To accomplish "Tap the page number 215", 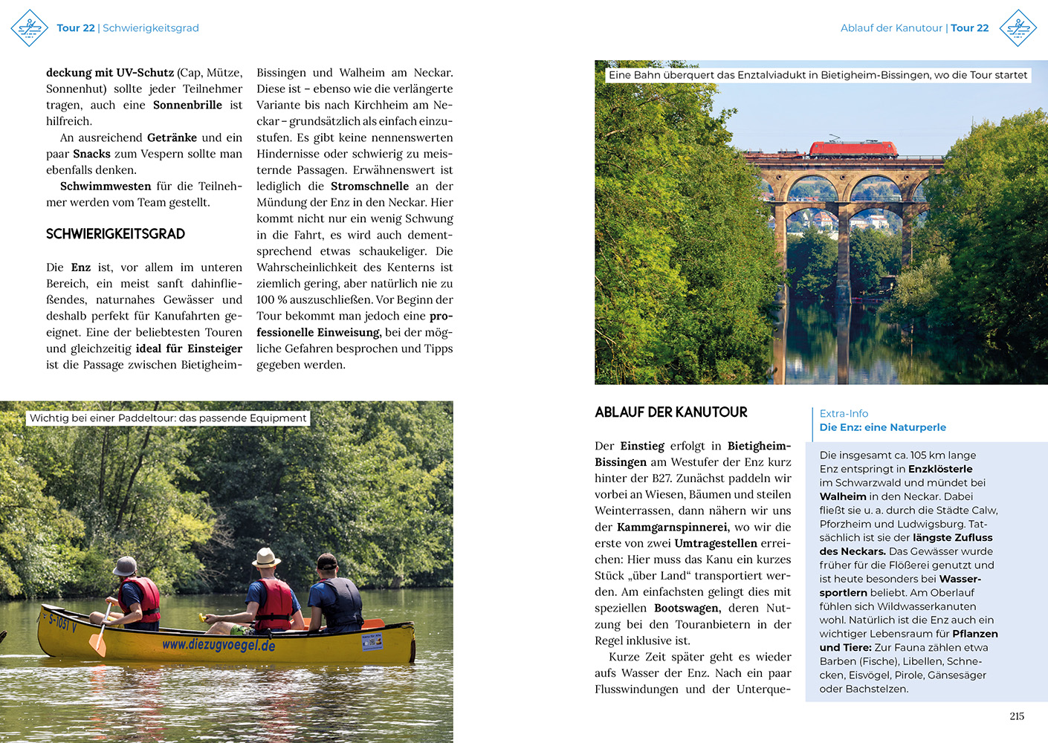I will pyautogui.click(x=1017, y=716).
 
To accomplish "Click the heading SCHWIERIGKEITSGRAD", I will pyautogui.click(x=115, y=234).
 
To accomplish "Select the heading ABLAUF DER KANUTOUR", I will pyautogui.click(x=670, y=412).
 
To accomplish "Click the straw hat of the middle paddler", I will pyautogui.click(x=265, y=557).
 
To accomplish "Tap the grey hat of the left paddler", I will pyautogui.click(x=125, y=566).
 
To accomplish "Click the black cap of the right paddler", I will pyautogui.click(x=326, y=561).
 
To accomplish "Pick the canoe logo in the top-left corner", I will pyautogui.click(x=29, y=28).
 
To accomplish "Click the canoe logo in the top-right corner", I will pyautogui.click(x=1018, y=28).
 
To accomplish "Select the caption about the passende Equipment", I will pyautogui.click(x=168, y=418).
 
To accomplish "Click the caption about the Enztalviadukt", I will pyautogui.click(x=818, y=75).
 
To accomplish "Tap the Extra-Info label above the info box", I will pyautogui.click(x=844, y=414).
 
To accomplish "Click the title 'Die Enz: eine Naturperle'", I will pyautogui.click(x=882, y=427).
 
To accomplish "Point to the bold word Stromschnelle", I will pyautogui.click(x=369, y=186).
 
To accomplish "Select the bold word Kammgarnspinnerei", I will pyautogui.click(x=672, y=528).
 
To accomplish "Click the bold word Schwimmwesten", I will pyautogui.click(x=106, y=186).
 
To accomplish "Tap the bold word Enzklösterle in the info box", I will pyautogui.click(x=940, y=469).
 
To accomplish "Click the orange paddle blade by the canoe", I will pyautogui.click(x=97, y=642).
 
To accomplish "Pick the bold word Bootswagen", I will pyautogui.click(x=687, y=609).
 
